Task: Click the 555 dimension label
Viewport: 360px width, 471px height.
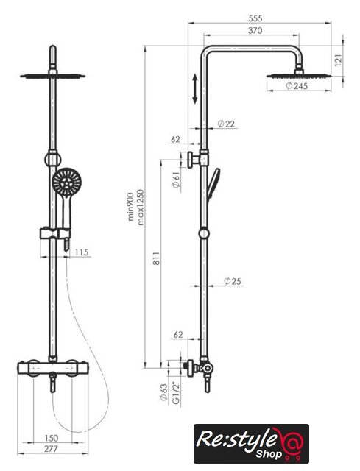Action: (x=255, y=18)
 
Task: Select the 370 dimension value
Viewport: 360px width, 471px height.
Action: (x=255, y=30)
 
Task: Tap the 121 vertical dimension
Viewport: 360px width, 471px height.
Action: (x=338, y=60)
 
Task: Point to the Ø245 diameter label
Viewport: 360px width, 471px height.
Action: (x=297, y=86)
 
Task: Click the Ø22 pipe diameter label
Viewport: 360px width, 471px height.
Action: (x=226, y=124)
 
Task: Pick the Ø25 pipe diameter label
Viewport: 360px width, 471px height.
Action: (x=233, y=281)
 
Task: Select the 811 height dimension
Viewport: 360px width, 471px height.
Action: (x=156, y=258)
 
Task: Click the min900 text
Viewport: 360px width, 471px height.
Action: (x=131, y=207)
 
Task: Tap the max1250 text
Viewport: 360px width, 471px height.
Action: (x=141, y=208)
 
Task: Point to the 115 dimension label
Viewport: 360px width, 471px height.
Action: (x=82, y=252)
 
